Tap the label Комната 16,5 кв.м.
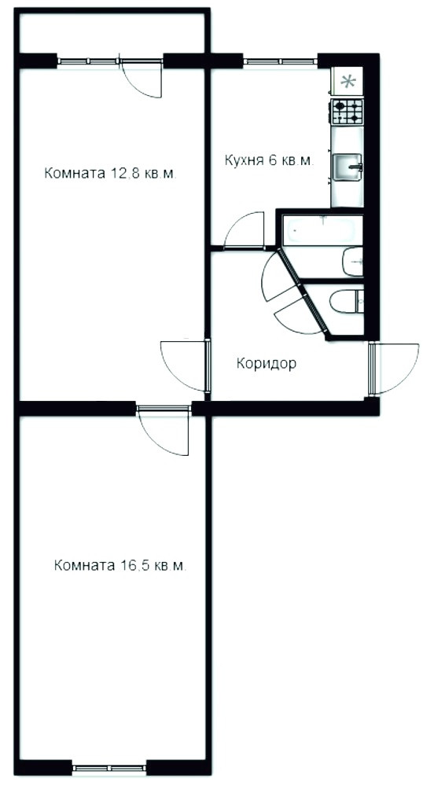pyautogui.click(x=120, y=566)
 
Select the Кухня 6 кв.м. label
pyautogui.click(x=269, y=161)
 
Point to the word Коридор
pyautogui.click(x=266, y=363)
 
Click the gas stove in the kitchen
pyautogui.click(x=346, y=112)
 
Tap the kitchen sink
pyautogui.click(x=348, y=167)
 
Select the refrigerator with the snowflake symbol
pyautogui.click(x=348, y=81)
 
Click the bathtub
pyautogui.click(x=322, y=230)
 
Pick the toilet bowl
pyautogui.click(x=346, y=302)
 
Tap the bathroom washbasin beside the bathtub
pyautogui.click(x=352, y=261)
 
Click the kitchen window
pyautogui.click(x=281, y=61)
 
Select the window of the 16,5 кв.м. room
pyautogui.click(x=109, y=767)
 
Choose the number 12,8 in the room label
pyautogui.click(x=123, y=174)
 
